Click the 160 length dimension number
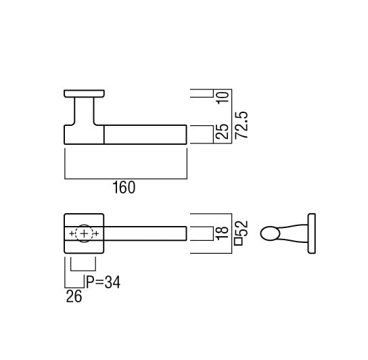point(124,187)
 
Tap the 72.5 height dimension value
point(241,125)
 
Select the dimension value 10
point(223,97)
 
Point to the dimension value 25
point(222,131)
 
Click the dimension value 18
point(222,233)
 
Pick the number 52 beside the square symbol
point(241,228)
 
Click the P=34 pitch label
point(103,282)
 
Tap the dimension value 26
point(74,296)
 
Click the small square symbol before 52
point(239,242)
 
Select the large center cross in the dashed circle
point(84,233)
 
